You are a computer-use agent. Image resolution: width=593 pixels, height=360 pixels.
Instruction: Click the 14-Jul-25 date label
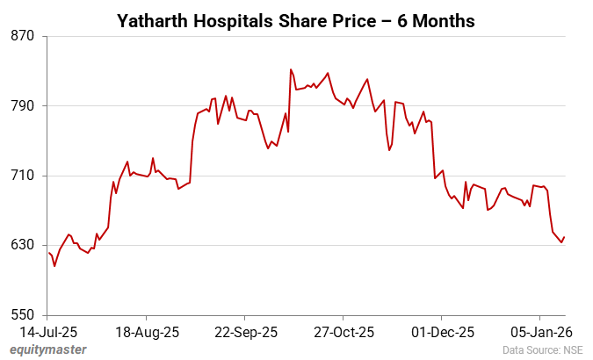[x=48, y=332]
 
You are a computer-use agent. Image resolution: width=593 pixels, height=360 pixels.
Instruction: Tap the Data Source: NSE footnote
[x=542, y=350]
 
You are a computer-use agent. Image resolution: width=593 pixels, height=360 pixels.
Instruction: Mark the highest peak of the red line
[x=291, y=69]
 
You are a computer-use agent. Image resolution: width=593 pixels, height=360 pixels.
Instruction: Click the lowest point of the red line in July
[x=54, y=266]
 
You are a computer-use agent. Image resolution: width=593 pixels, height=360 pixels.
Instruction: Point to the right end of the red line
[x=564, y=237]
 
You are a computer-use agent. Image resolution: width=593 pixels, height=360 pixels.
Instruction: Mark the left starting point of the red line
[x=48, y=253]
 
